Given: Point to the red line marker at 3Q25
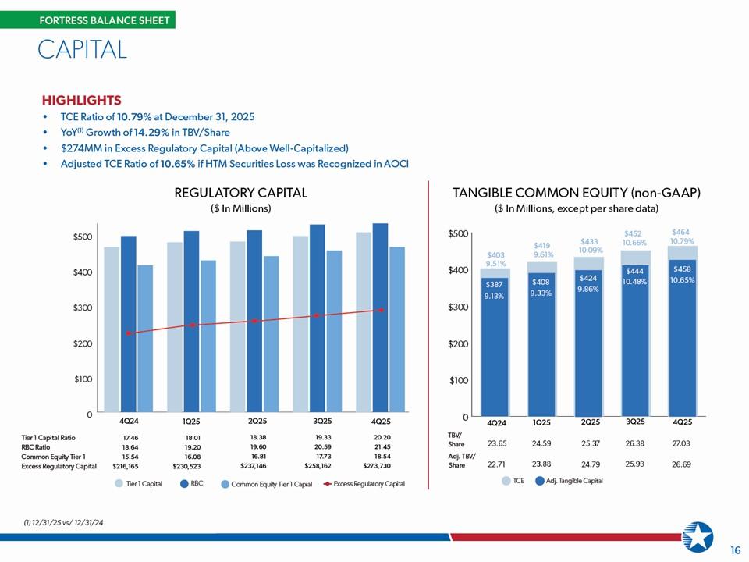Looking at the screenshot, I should pos(317,315).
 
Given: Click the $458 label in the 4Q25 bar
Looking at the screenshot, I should pos(681,269).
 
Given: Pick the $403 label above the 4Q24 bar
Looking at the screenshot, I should pos(495,254).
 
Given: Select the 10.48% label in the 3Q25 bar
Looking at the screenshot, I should pos(635,282).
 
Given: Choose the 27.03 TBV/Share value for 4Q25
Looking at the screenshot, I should pos(681,443).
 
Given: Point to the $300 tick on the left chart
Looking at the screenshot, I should pos(82,308).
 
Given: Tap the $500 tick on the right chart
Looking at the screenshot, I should pos(458,234).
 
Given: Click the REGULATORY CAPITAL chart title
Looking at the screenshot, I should pos(240,193).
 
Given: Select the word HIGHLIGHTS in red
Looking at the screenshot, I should pos(81,101).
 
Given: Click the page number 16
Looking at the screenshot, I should pos(734,550).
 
